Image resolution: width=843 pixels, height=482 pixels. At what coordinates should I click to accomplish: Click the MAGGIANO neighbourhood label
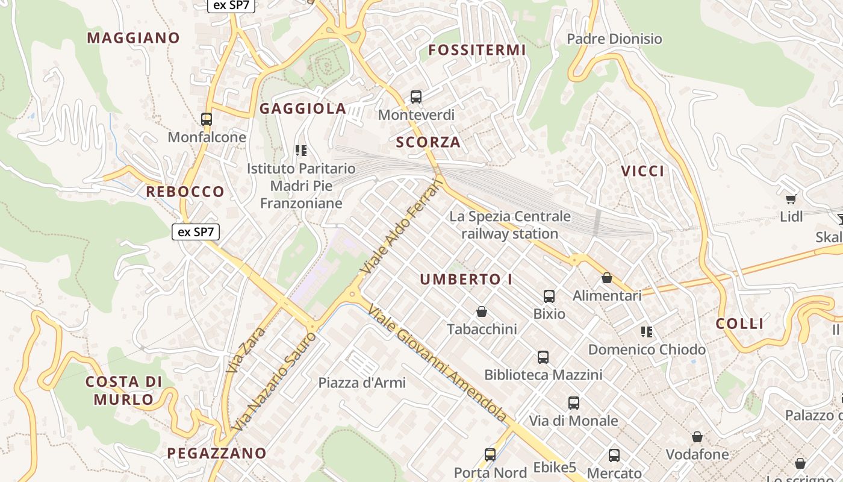133,38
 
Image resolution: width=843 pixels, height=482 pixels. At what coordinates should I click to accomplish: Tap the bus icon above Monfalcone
207,119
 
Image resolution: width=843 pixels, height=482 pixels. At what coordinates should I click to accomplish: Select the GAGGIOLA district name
303,108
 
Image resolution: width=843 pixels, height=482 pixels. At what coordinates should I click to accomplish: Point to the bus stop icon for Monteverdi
416,96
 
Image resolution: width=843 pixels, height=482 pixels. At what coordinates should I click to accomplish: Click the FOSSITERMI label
477,50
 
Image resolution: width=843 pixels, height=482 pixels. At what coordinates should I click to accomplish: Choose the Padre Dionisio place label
614,39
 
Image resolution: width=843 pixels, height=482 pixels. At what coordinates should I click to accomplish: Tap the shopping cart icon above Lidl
791,199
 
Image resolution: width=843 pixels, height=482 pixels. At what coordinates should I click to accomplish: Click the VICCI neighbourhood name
643,171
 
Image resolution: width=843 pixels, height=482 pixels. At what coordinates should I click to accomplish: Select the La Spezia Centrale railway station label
510,225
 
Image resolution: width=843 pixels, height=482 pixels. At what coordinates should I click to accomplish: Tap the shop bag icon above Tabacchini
482,311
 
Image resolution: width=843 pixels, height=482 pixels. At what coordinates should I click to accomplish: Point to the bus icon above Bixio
549,296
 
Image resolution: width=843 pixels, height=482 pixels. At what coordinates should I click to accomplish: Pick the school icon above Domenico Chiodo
647,331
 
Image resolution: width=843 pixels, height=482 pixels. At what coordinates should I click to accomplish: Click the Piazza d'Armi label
362,383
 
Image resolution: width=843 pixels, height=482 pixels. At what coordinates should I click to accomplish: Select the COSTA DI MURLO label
123,390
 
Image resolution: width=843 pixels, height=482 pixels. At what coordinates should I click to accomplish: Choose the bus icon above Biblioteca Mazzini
543,357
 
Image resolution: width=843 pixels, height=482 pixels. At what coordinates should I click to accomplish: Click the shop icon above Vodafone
697,437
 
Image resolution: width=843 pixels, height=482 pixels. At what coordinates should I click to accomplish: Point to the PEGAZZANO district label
217,453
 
